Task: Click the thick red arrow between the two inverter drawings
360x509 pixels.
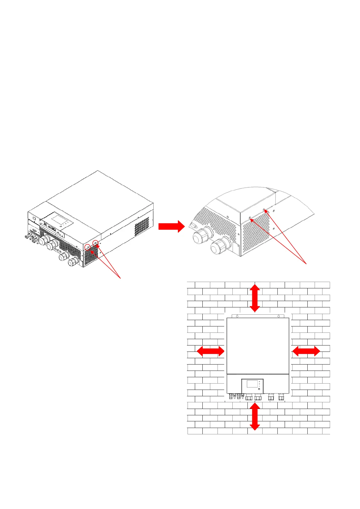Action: pos(171,226)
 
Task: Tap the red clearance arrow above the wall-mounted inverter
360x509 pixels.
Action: pos(255,298)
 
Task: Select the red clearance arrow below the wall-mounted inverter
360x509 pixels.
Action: pos(255,417)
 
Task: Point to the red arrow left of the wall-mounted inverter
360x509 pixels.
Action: pos(211,351)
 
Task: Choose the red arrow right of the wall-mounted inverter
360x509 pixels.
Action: pos(306,351)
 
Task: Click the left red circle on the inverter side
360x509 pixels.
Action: pos(88,247)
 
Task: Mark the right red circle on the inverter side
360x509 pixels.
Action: pos(95,242)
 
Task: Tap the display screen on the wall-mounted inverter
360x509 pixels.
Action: pos(252,384)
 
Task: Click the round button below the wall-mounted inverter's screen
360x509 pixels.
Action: pos(259,389)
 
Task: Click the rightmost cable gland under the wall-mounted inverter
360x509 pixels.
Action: pos(281,397)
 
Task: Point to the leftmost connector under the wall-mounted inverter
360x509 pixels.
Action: pos(230,396)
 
